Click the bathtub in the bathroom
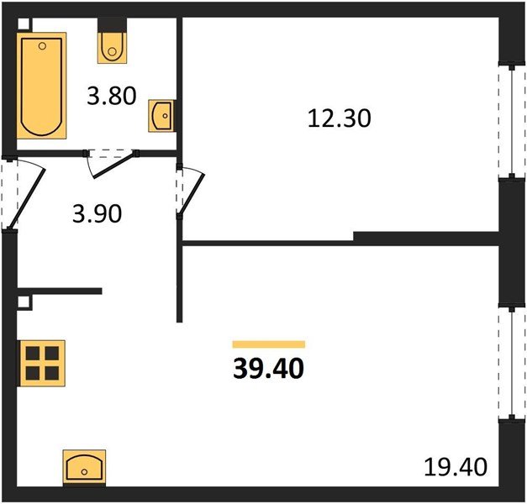41,86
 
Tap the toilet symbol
113,47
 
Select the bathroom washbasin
161,116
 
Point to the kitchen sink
84,468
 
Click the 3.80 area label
112,96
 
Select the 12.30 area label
339,118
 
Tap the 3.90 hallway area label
97,214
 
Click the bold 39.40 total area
268,368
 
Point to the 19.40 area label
456,467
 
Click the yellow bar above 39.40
269,344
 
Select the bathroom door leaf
115,165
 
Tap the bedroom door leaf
192,193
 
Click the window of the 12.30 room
512,121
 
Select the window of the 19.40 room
512,362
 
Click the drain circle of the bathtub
42,46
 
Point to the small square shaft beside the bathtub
24,24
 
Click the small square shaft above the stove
24,302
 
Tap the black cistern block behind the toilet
113,25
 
